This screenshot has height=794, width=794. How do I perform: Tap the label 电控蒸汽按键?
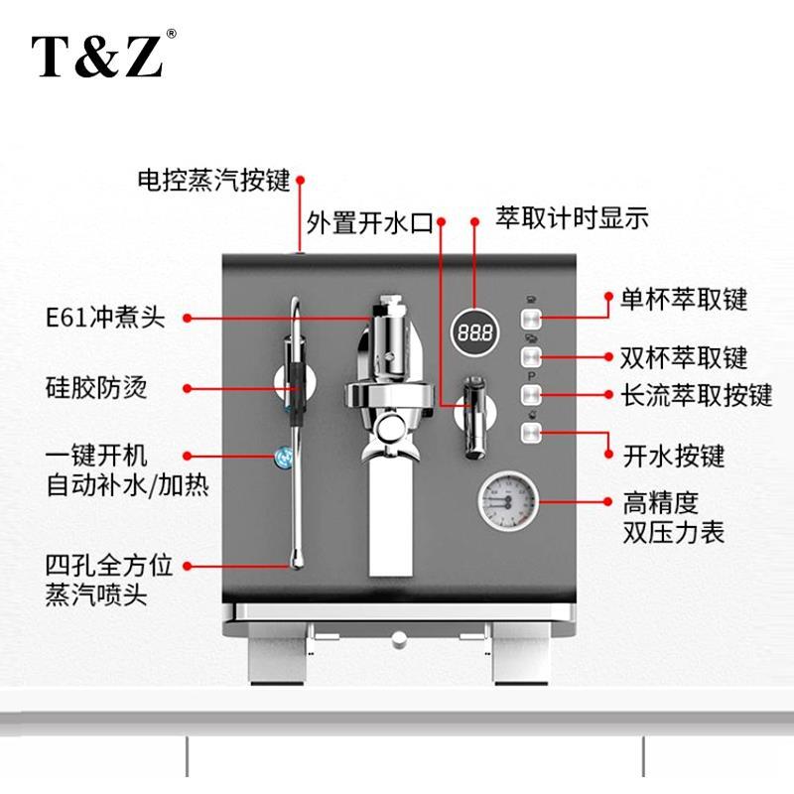coord(212,181)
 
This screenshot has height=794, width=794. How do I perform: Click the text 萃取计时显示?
coord(573,218)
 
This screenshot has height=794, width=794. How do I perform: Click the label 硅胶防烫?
coord(96,387)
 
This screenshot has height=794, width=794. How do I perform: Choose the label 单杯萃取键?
coord(683,299)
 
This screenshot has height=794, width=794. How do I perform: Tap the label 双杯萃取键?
coord(684,355)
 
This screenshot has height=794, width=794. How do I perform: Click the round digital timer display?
coord(475,331)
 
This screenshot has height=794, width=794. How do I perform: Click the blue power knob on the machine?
coord(285,457)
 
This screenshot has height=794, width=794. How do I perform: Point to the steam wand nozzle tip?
coord(295,565)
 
